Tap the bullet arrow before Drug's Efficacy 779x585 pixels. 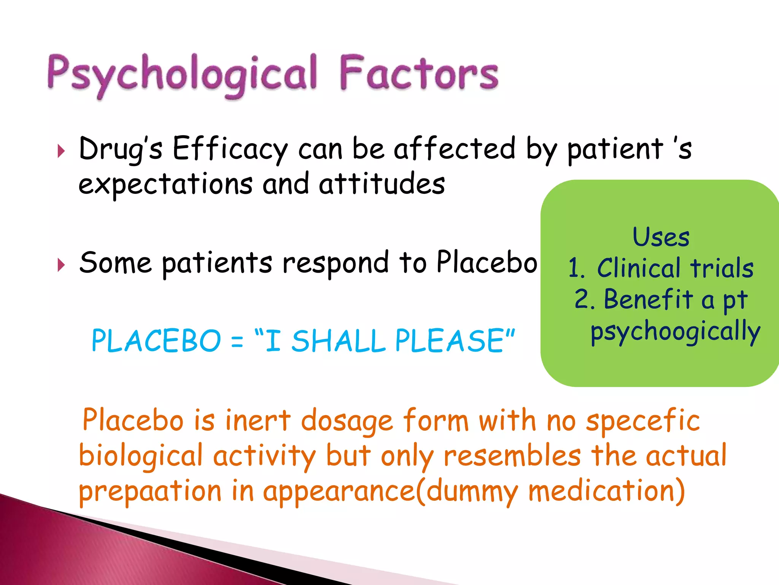[x=61, y=151]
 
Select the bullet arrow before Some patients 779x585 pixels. [x=61, y=265]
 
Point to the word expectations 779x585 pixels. [x=165, y=184]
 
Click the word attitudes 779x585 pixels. [x=382, y=184]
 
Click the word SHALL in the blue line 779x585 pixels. [x=339, y=341]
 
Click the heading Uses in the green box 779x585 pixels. [x=661, y=237]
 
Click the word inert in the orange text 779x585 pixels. [x=258, y=421]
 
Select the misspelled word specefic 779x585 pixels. [x=643, y=421]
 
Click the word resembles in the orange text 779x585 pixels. [x=512, y=456]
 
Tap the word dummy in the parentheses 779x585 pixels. [x=472, y=491]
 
